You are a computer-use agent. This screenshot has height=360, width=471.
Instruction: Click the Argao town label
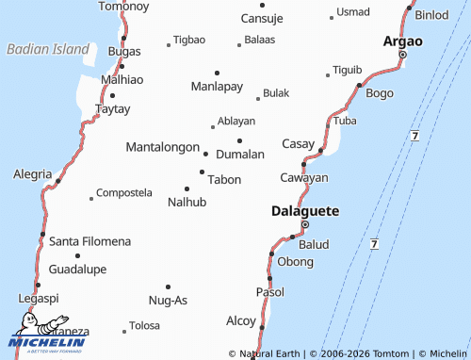[x=402, y=41]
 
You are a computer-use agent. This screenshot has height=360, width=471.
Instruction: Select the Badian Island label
[x=46, y=48]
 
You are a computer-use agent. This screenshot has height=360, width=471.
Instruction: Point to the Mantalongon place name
[x=162, y=147]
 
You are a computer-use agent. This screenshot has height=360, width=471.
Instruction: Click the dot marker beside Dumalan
[x=239, y=140]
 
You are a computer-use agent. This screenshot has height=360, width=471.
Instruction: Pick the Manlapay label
[x=217, y=87]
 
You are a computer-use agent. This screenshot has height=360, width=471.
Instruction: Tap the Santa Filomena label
[x=90, y=241]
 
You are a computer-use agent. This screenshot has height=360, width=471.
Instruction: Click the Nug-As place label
[x=169, y=300]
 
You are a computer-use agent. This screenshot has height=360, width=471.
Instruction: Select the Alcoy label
[x=240, y=320]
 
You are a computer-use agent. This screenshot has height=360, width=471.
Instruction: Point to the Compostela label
[x=123, y=192]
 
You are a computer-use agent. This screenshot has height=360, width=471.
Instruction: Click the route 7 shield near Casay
[x=414, y=137]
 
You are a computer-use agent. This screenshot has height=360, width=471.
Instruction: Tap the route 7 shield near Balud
[x=374, y=244]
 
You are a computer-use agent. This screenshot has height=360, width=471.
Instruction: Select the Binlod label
[x=432, y=15]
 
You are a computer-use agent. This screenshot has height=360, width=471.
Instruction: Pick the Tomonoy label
[x=123, y=7]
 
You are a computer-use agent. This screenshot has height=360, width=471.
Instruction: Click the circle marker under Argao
[x=402, y=55]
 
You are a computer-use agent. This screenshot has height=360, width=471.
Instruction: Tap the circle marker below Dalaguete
[x=304, y=224]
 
